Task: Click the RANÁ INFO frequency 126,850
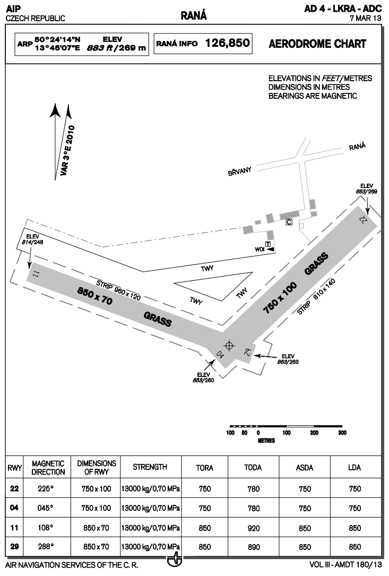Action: [x=228, y=44]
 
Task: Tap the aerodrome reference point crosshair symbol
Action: [x=229, y=346]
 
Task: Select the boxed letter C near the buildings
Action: [x=289, y=222]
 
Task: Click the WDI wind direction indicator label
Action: [x=260, y=249]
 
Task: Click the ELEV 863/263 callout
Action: [x=287, y=358]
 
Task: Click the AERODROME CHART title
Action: [x=317, y=44]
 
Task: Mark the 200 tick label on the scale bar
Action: [x=314, y=433]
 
